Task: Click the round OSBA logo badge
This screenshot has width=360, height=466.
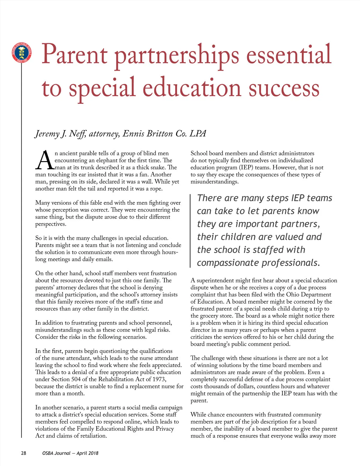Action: coord(21,53)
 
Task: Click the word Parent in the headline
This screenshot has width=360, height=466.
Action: coord(74,55)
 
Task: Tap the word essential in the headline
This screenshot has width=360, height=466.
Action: coord(289,55)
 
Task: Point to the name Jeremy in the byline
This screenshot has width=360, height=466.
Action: coord(47,134)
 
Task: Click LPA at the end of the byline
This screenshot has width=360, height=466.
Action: coord(198,133)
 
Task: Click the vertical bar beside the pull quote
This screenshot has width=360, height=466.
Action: coord(190,230)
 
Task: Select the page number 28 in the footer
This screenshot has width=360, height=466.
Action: coord(23,453)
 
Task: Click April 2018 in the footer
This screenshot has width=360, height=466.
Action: coord(87,453)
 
